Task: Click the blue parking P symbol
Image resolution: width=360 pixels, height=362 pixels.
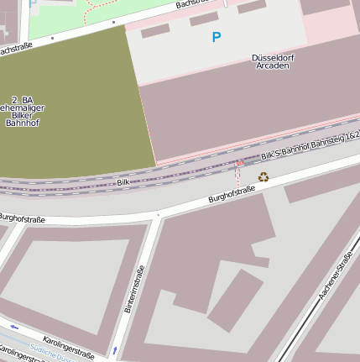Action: (x=217, y=37)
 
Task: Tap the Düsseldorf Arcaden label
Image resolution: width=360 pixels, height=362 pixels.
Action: (x=271, y=61)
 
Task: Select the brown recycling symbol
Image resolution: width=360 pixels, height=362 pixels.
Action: (x=263, y=176)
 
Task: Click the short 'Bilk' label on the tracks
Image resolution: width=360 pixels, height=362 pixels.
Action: (x=123, y=181)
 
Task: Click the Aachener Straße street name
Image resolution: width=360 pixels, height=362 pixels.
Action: (x=335, y=281)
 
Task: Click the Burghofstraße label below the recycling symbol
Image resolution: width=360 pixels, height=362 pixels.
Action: (x=231, y=195)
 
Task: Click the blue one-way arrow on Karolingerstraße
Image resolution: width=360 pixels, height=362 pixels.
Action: (x=14, y=327)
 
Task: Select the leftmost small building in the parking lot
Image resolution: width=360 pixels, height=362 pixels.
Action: (x=155, y=31)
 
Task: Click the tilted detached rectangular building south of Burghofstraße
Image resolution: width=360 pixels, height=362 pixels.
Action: (x=235, y=300)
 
